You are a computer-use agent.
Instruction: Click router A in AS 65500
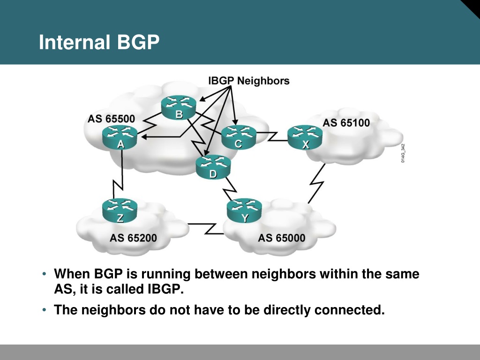(120, 137)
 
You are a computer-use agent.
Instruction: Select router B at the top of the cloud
(179, 107)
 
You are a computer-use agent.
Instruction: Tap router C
(239, 137)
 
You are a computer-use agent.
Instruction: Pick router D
(213, 167)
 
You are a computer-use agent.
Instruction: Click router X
(305, 137)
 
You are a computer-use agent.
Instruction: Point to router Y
(244, 210)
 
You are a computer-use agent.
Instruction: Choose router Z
(120, 210)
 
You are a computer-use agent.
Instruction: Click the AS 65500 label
(111, 119)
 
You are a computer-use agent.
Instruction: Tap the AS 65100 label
(346, 123)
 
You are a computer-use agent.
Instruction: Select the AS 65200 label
(133, 238)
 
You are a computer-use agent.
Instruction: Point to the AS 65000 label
(282, 238)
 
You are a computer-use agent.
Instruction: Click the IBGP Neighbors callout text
(248, 81)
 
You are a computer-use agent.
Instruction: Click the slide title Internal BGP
(99, 42)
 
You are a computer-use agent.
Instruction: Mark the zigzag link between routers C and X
(272, 136)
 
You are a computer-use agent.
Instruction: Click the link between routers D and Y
(229, 188)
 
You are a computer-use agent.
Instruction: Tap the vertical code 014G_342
(403, 153)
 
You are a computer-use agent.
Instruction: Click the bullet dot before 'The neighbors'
(45, 310)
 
